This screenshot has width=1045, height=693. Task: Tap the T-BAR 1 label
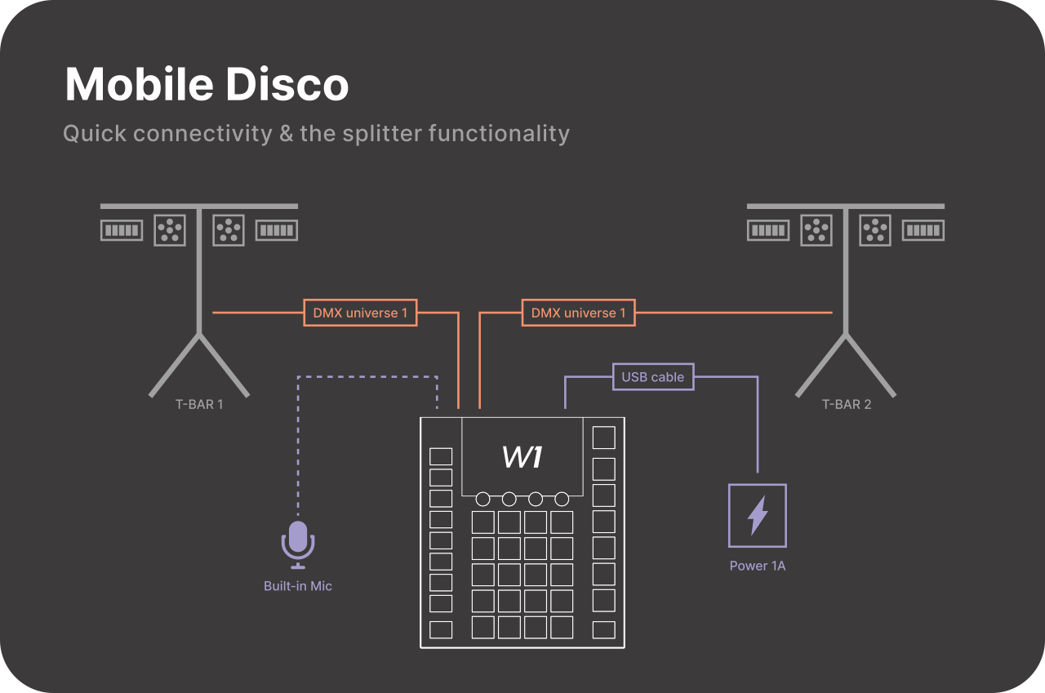click(x=199, y=404)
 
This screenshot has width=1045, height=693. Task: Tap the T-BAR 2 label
click(x=846, y=404)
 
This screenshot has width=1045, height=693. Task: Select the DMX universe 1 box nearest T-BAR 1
click(x=360, y=313)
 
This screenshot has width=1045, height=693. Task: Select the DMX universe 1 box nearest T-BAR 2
click(x=578, y=313)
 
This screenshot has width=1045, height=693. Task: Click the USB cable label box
click(x=653, y=377)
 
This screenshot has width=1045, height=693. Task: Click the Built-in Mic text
click(x=298, y=586)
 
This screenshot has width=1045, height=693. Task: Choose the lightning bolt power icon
click(x=758, y=515)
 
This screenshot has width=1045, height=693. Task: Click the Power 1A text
click(x=758, y=566)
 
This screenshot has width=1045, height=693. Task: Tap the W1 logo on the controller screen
click(x=522, y=457)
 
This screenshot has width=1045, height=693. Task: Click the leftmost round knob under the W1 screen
click(x=483, y=499)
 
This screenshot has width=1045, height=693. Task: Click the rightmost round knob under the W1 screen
click(x=562, y=499)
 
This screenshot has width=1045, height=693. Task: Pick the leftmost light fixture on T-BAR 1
click(x=122, y=230)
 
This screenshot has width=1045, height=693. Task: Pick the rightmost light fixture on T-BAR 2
click(x=923, y=230)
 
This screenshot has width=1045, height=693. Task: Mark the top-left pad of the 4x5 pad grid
click(x=483, y=522)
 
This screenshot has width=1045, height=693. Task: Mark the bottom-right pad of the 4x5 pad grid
click(x=562, y=627)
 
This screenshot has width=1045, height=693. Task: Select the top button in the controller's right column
click(x=603, y=438)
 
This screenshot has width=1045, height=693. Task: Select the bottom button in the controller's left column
click(x=441, y=629)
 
